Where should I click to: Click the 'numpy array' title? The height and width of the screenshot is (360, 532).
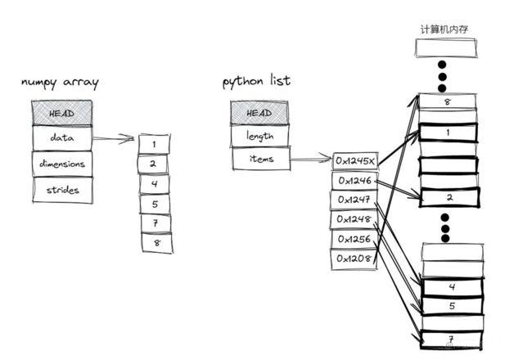pyautogui.click(x=60, y=83)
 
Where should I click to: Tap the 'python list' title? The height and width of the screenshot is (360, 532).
pyautogui.click(x=256, y=81)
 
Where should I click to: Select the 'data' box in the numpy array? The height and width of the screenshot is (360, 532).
pyautogui.click(x=62, y=138)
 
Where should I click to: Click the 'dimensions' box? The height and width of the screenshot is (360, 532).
pyautogui.click(x=62, y=164)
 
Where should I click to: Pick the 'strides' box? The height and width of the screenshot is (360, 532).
pyautogui.click(x=63, y=190)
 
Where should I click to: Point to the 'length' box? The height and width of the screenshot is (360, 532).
pyautogui.click(x=260, y=136)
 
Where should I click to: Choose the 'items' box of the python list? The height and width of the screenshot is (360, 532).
pyautogui.click(x=261, y=159)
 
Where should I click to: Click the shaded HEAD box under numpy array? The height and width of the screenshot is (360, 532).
pyautogui.click(x=61, y=113)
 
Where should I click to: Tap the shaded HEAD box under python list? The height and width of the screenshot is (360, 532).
pyautogui.click(x=259, y=113)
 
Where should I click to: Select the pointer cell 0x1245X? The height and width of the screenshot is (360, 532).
pyautogui.click(x=355, y=161)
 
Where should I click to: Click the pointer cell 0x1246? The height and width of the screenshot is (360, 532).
pyautogui.click(x=354, y=181)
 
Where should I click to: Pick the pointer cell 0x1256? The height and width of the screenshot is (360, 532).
pyautogui.click(x=354, y=239)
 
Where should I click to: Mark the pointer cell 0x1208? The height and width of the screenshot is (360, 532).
pyautogui.click(x=354, y=259)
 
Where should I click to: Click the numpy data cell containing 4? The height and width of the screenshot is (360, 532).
pyautogui.click(x=155, y=184)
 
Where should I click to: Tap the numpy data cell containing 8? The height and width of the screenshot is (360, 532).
pyautogui.click(x=157, y=243)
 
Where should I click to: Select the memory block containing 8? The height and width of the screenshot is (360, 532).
pyautogui.click(x=448, y=101)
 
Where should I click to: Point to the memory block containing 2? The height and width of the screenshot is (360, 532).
pyautogui.click(x=449, y=197)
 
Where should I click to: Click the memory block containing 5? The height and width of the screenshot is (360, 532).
pyautogui.click(x=453, y=306)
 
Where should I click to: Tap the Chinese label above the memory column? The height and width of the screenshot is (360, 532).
pyautogui.click(x=444, y=29)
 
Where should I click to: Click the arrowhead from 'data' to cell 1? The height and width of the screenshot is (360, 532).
pyautogui.click(x=129, y=138)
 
